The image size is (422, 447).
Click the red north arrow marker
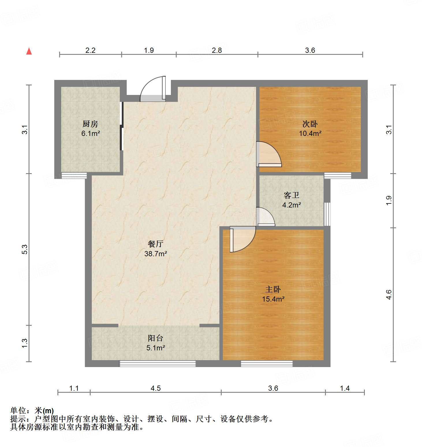tap(29, 51)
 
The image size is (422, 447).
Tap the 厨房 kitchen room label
tap(90, 124)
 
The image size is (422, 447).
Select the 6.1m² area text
tap(90, 133)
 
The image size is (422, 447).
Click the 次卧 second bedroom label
tap(310, 124)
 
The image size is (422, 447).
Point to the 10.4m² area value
tap(310, 133)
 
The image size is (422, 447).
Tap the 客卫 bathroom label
tap(292, 195)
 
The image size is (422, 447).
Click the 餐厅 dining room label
tap(156, 244)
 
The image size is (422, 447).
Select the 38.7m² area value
tap(156, 254)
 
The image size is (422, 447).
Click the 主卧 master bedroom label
tap(273, 289)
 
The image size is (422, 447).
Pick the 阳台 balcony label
tap(156, 338)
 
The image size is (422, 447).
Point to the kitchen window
tap(74, 175)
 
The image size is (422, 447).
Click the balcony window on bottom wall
tap(158, 364)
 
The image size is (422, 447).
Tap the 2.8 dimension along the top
tap(217, 50)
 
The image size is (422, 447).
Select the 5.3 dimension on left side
tap(25, 249)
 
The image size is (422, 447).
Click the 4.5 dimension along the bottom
tap(156, 388)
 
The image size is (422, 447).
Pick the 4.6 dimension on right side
tap(389, 295)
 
